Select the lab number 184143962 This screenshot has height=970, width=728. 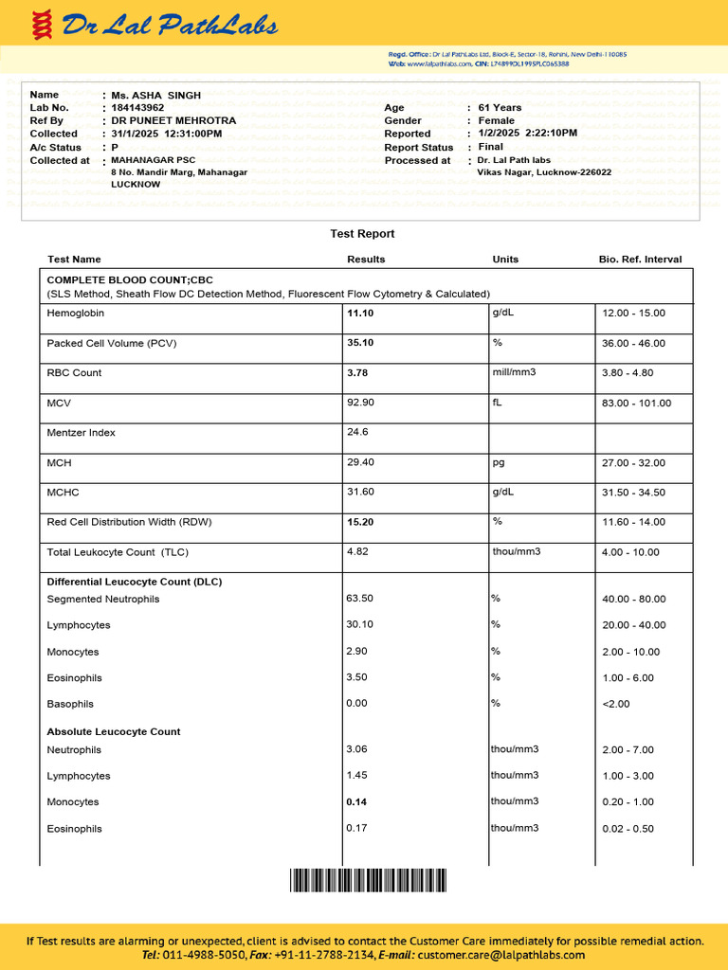pyautogui.click(x=137, y=108)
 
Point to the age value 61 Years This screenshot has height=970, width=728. pyautogui.click(x=500, y=108)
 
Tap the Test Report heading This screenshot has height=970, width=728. pyautogui.click(x=362, y=234)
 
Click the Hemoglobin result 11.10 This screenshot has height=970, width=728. pyautogui.click(x=360, y=314)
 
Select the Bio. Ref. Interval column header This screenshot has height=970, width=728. pyautogui.click(x=640, y=260)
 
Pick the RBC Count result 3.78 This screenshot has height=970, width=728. pyautogui.click(x=357, y=373)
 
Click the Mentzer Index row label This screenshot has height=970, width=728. pyautogui.click(x=81, y=433)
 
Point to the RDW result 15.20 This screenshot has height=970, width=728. pyautogui.click(x=360, y=522)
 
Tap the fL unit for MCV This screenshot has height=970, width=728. pyautogui.click(x=497, y=402)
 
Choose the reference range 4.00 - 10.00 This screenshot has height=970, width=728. pyautogui.click(x=633, y=552)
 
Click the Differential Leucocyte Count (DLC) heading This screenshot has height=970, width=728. pyautogui.click(x=134, y=582)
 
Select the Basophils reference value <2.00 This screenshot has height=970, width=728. pyautogui.click(x=615, y=704)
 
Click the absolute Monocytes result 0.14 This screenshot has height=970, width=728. pyautogui.click(x=356, y=802)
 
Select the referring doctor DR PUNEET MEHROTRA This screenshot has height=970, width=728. pyautogui.click(x=173, y=121)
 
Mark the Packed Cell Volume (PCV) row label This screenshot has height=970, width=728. pyautogui.click(x=112, y=343)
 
